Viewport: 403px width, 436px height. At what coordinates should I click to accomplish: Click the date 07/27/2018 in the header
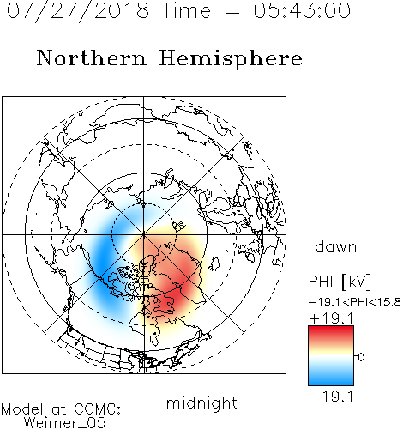78,11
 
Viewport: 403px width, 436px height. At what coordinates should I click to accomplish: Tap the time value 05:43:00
302,11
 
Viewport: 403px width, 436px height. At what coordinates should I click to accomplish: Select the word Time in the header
186,11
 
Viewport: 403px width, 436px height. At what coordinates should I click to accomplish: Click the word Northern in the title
92,58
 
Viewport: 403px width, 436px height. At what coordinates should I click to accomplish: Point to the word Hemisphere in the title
231,59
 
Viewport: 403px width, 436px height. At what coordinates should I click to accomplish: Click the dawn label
336,246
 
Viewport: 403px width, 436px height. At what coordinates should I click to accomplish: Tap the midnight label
201,403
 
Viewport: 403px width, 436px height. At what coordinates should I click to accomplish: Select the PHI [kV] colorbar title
340,282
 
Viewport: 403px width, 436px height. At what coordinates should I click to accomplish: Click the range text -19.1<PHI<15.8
355,302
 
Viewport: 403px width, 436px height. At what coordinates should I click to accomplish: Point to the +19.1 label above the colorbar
331,318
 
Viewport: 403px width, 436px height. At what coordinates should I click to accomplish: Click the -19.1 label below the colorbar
331,397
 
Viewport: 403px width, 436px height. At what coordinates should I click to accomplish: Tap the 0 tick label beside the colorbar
361,357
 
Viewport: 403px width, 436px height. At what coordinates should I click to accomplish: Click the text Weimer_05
64,423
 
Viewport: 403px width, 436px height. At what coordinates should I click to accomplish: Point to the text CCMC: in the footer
98,409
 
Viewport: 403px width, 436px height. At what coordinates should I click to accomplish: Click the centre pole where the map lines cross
144,234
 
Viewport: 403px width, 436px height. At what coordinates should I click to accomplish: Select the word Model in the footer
22,409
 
